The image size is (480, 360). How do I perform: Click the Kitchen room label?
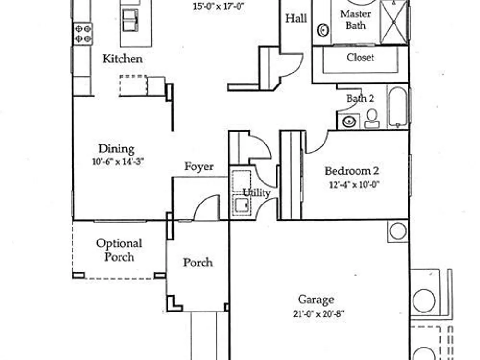coord(122,59)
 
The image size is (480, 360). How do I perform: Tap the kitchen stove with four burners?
coord(83,34)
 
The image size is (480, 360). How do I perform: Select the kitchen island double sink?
coord(131,20)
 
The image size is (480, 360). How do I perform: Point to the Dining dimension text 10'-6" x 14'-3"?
coord(118,161)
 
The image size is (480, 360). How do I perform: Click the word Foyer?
coord(199,167)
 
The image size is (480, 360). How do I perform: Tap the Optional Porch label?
coord(119,250)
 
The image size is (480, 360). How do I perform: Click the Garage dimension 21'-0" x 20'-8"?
coord(319,314)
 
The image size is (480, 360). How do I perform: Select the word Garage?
coord(316,300)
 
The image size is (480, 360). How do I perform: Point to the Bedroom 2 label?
coord(352,171)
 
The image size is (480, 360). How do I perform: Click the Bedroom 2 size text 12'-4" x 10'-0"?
coord(354,185)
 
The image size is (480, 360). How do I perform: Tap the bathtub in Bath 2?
coord(397,107)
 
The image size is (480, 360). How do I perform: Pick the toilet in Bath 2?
coord(372,119)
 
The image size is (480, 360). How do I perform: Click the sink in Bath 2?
coord(348,121)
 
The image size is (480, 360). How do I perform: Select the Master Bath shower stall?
coord(394,22)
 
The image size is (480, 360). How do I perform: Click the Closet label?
coord(360,57)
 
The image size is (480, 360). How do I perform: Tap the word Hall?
coord(296,18)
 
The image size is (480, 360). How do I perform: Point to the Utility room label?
coord(256,193)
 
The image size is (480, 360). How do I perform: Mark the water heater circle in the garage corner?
coord(398,231)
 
